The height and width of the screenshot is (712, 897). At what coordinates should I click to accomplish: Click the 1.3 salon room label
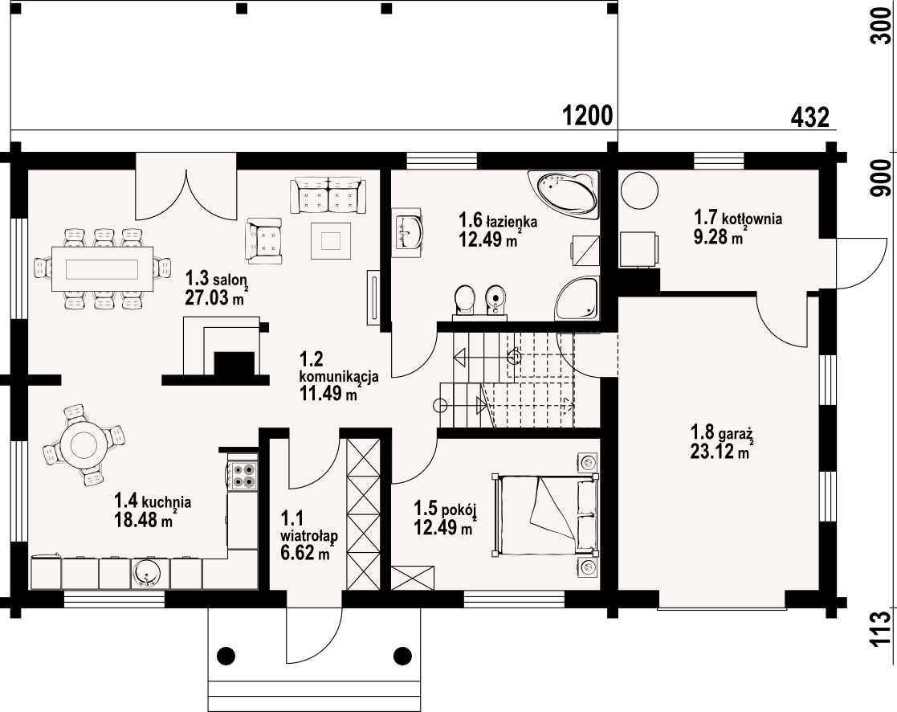216,280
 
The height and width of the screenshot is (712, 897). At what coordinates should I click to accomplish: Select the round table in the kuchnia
84,443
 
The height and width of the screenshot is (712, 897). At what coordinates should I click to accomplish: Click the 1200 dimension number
588,117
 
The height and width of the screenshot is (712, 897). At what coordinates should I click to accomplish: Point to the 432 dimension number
809,118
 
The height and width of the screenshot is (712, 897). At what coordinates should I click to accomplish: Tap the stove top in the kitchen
242,475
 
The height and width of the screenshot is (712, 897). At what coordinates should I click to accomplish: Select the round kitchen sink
149,574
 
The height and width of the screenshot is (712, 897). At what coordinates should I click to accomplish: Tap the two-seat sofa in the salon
328,195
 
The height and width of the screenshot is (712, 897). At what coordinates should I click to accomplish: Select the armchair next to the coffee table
263,240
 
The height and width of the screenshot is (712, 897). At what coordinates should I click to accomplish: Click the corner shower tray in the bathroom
577,298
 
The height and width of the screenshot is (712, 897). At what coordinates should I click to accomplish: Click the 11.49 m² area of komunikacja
328,394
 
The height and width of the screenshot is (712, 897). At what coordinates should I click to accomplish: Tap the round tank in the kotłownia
639,190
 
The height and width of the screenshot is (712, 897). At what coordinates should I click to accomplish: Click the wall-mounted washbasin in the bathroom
409,231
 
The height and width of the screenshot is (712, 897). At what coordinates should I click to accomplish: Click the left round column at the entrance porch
226,655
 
